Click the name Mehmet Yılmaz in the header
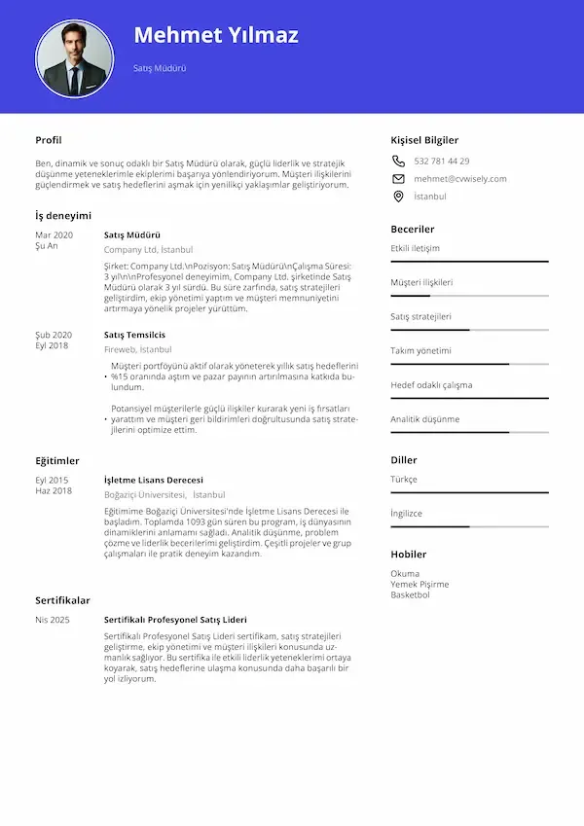click(216, 36)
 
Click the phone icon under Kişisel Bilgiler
click(398, 161)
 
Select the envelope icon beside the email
click(398, 179)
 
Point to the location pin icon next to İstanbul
click(398, 197)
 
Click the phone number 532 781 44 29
click(442, 161)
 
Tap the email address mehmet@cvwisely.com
click(460, 179)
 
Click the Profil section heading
click(49, 140)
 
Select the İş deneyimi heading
click(63, 215)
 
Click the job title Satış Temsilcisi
click(134, 335)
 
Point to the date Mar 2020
click(54, 235)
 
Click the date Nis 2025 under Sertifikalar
click(53, 620)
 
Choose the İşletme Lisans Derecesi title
click(153, 480)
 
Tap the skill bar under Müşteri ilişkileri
click(469, 296)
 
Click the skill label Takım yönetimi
click(421, 350)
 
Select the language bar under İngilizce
click(469, 526)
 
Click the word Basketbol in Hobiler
click(410, 594)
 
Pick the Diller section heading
click(404, 460)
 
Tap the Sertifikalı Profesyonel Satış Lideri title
click(175, 620)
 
